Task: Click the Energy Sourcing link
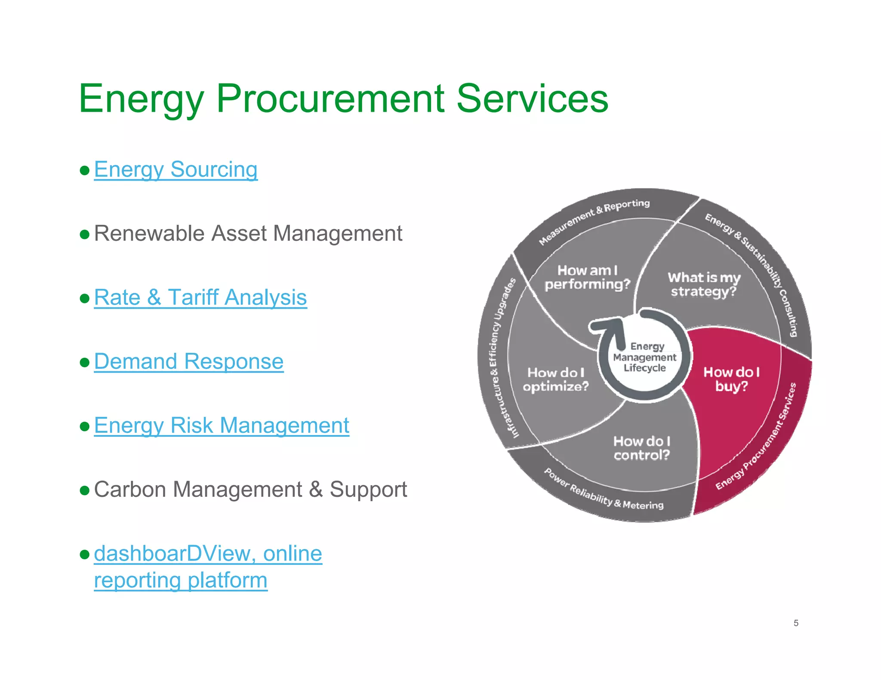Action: tap(176, 169)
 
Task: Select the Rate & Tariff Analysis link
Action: tap(200, 297)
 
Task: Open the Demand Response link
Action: tap(188, 361)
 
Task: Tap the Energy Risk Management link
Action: tap(221, 426)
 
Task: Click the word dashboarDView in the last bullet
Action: tap(171, 554)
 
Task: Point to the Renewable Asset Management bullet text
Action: tap(248, 234)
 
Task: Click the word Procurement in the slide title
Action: tap(330, 99)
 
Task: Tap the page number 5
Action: tap(796, 623)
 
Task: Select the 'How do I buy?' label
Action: tap(731, 379)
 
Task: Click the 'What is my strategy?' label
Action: tap(704, 284)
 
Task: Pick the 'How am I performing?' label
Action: tap(587, 277)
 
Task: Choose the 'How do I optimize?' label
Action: tap(555, 380)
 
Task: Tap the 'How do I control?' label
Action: tap(641, 448)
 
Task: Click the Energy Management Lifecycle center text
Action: tap(644, 357)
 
